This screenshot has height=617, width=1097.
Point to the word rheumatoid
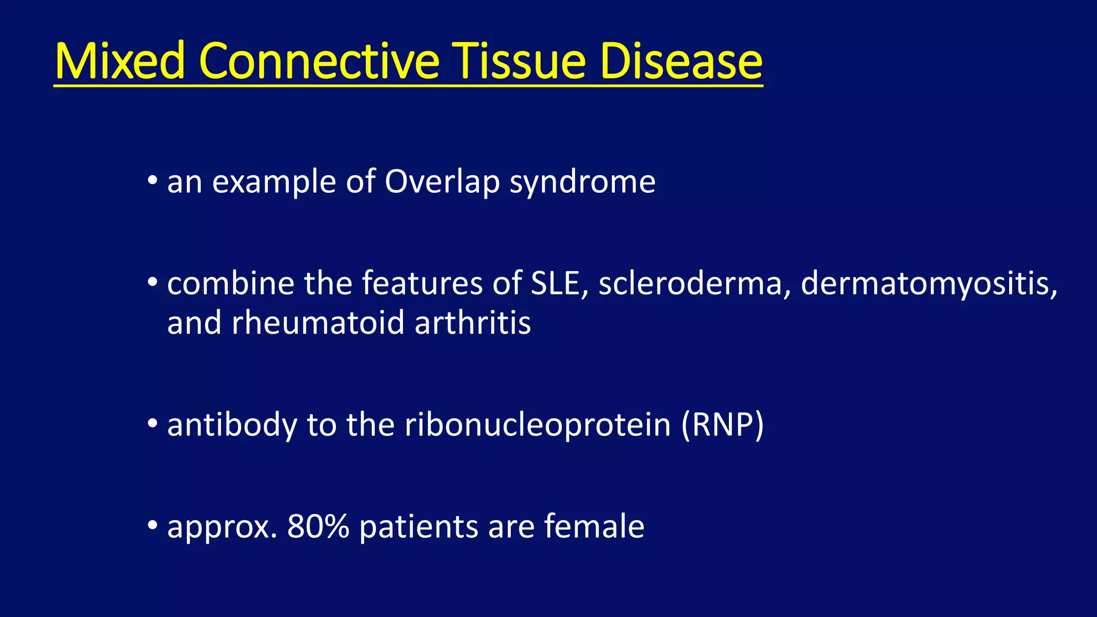coord(318,323)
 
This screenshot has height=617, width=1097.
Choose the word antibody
coord(232,425)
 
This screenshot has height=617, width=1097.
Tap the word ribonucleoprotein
coord(538,425)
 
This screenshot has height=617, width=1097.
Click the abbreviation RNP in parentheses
coord(723,425)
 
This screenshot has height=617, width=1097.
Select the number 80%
coord(318,526)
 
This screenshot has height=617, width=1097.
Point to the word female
coord(594,526)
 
